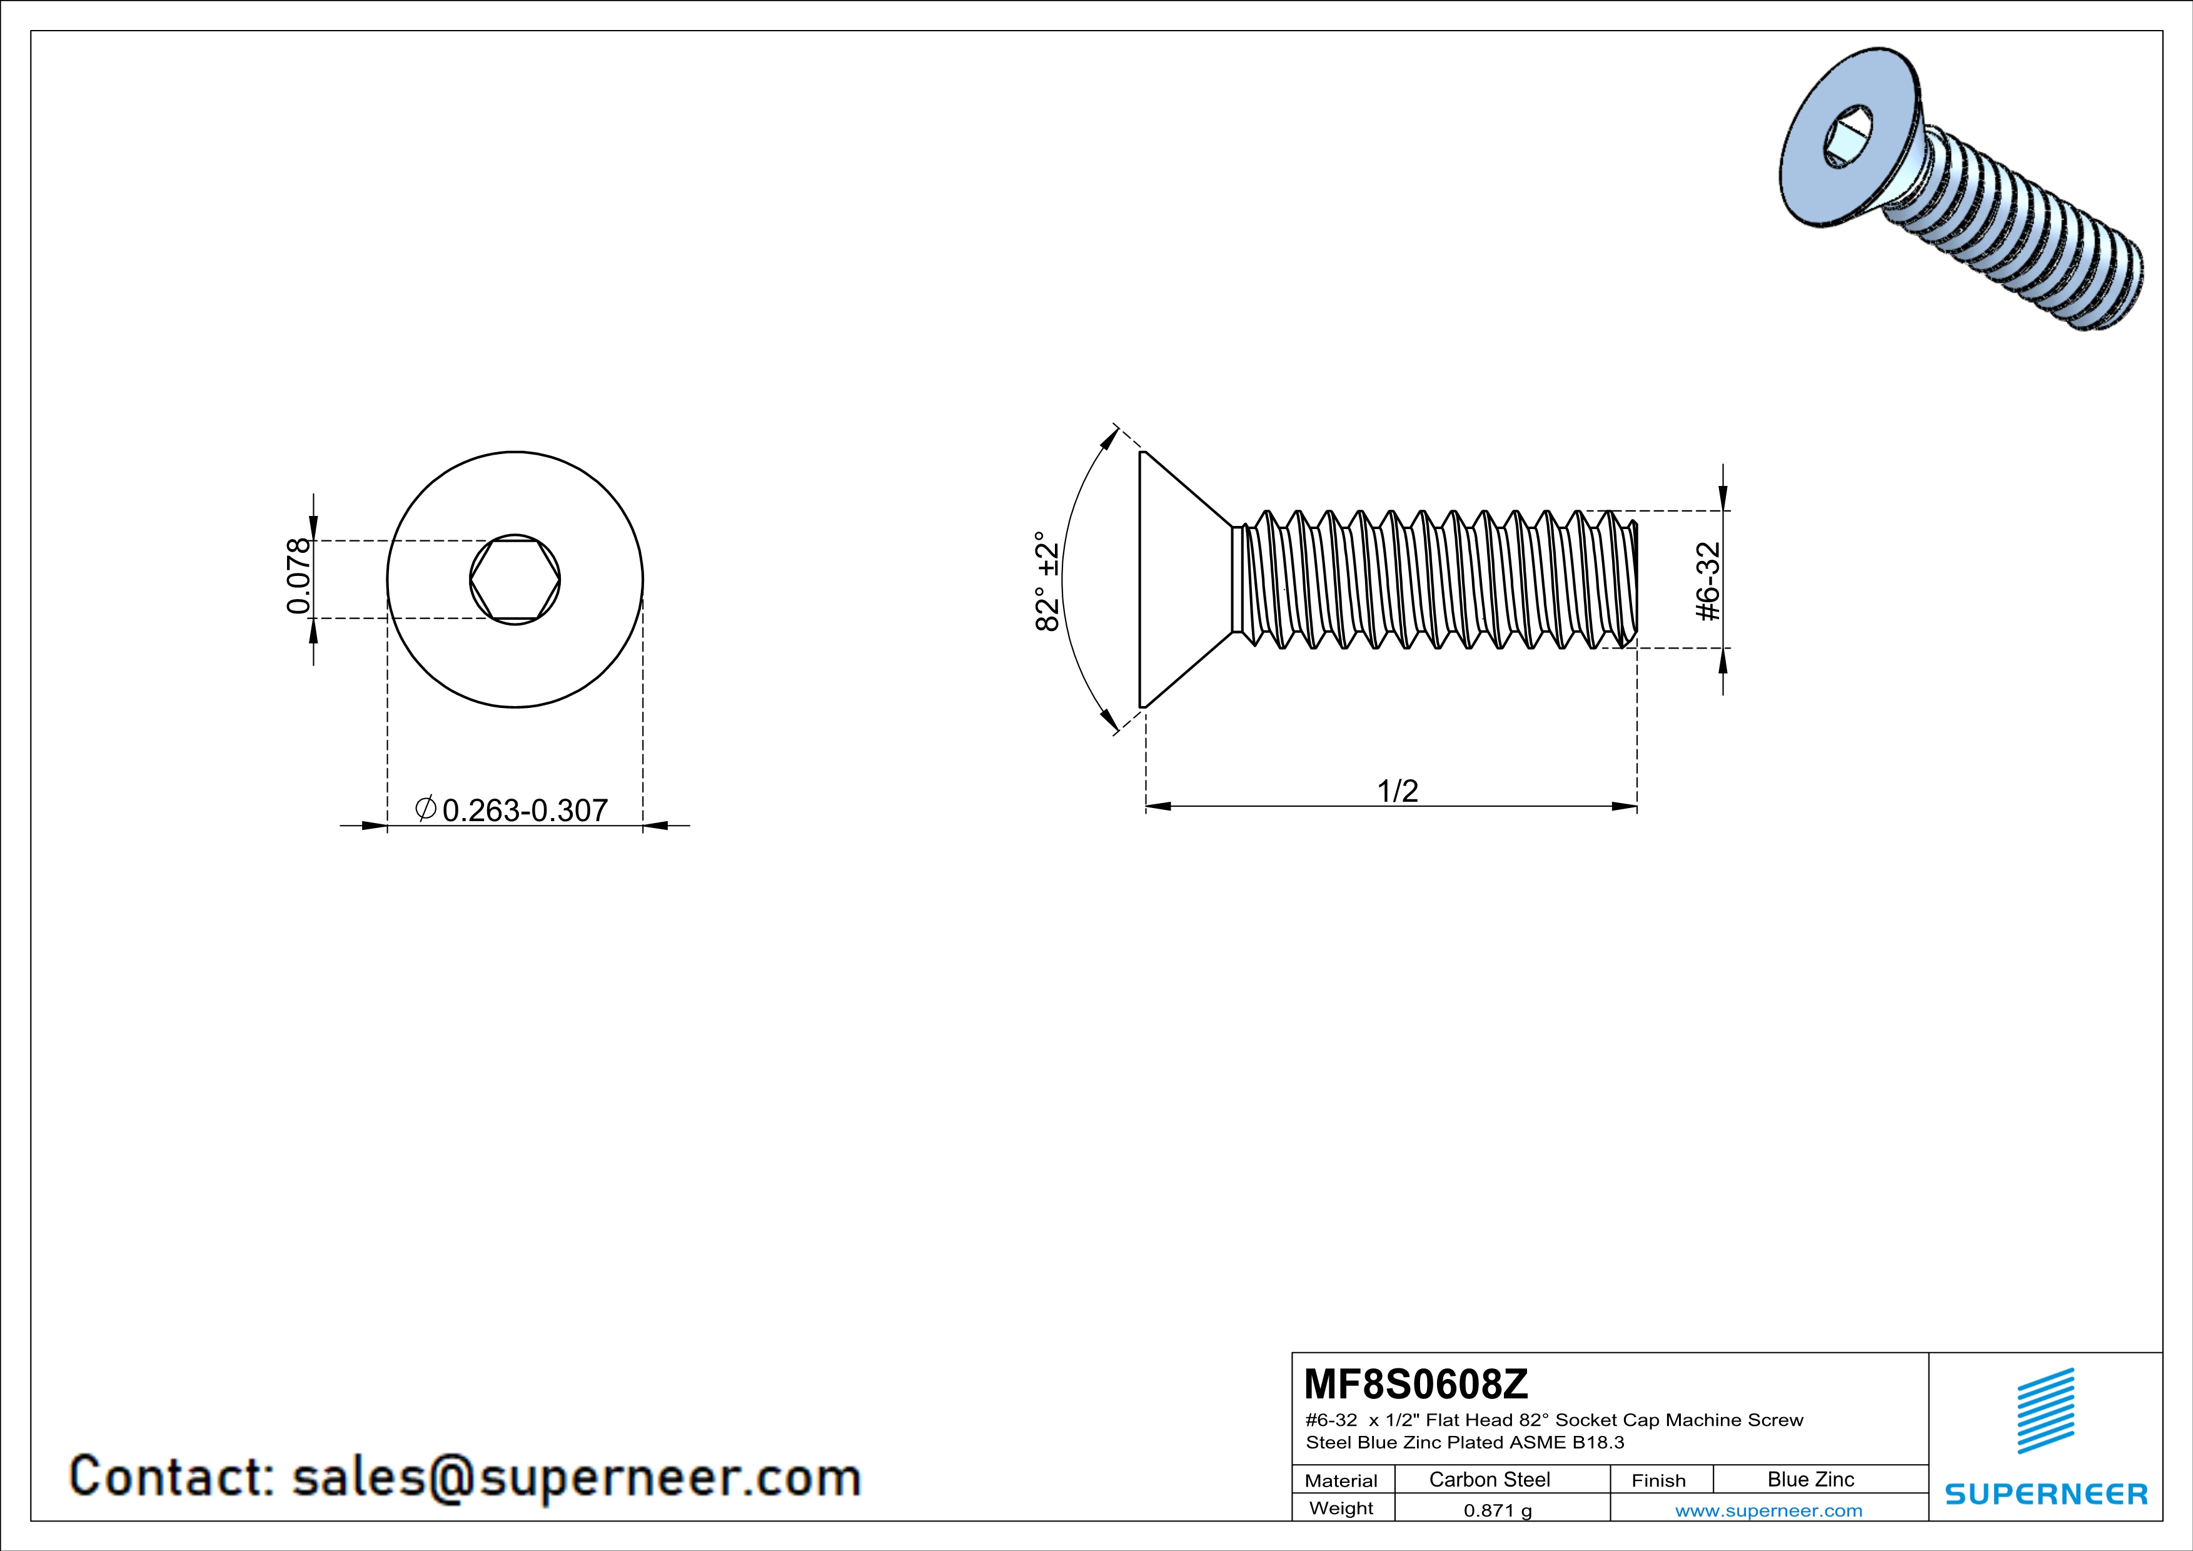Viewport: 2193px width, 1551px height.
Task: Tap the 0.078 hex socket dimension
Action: click(299, 576)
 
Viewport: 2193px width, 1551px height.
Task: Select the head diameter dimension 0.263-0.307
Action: click(525, 810)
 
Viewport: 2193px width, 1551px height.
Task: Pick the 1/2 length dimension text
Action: click(1398, 791)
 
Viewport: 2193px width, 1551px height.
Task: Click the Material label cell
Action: click(1341, 1480)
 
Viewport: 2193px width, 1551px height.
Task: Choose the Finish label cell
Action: click(1658, 1480)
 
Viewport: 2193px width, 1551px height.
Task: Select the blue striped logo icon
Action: click(2045, 1411)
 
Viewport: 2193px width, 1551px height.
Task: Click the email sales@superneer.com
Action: click(576, 1477)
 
